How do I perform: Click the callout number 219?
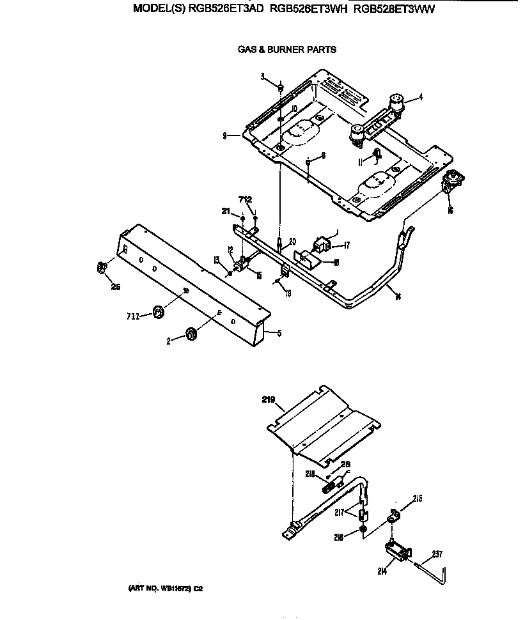click(x=268, y=401)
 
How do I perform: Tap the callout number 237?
click(x=437, y=554)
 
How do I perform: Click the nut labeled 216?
click(x=362, y=529)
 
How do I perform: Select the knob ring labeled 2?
click(x=190, y=333)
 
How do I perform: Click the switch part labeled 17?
click(x=321, y=244)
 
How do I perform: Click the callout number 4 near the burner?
click(x=421, y=98)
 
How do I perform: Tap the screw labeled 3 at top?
click(x=281, y=85)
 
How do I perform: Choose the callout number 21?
click(x=225, y=211)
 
